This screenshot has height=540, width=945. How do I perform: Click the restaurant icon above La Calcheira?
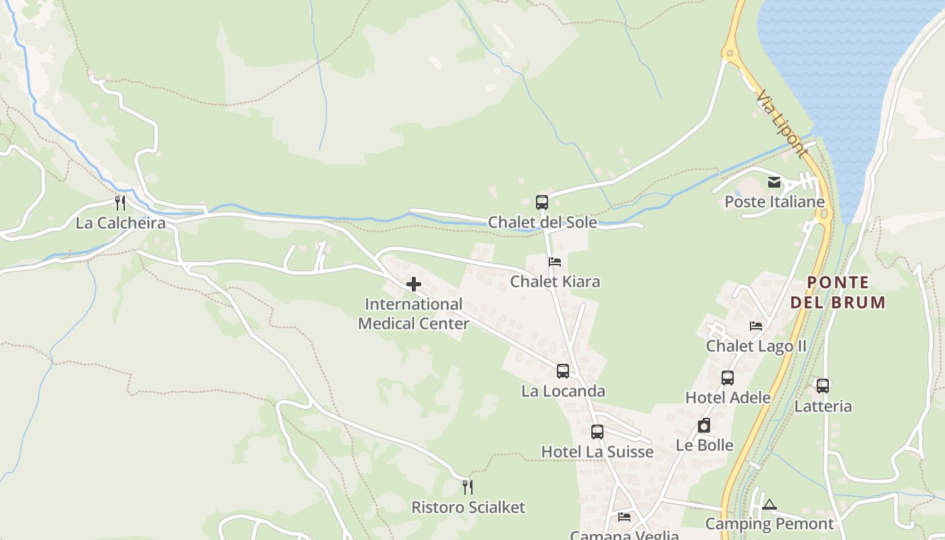click(120, 202)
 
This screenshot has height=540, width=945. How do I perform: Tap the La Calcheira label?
click(120, 223)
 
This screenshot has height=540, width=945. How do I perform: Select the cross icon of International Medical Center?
click(414, 285)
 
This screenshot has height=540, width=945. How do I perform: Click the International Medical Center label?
click(413, 314)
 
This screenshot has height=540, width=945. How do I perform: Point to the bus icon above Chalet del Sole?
click(542, 202)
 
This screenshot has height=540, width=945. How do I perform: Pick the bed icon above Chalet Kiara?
click(555, 262)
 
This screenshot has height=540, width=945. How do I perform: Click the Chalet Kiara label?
click(555, 281)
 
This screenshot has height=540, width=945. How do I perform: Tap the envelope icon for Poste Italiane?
click(774, 182)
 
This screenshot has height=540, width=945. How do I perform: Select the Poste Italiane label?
click(774, 202)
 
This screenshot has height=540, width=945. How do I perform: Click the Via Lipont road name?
click(782, 125)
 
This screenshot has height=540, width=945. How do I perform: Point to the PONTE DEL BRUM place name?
click(838, 292)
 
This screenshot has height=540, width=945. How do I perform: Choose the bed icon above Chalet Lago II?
click(756, 326)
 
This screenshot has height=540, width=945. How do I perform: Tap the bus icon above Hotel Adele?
click(728, 378)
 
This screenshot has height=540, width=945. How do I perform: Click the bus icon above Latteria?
click(823, 386)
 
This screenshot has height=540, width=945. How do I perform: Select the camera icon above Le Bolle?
click(704, 425)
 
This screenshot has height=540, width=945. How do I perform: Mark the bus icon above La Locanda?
click(563, 371)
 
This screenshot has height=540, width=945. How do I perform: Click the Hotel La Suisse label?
click(597, 452)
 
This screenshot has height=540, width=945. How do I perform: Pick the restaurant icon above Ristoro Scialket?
click(468, 487)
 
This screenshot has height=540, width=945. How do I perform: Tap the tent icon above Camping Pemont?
click(769, 504)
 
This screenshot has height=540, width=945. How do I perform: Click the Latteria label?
click(823, 406)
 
